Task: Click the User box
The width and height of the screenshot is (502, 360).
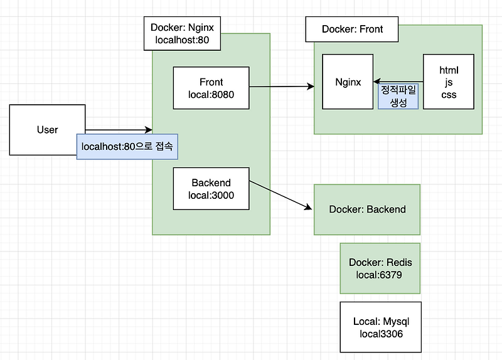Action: pyautogui.click(x=47, y=130)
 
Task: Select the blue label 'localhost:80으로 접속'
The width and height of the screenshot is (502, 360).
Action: pyautogui.click(x=127, y=147)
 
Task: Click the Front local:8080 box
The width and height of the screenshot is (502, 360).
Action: pyautogui.click(x=211, y=88)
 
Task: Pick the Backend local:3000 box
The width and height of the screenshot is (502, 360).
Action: pyautogui.click(x=211, y=189)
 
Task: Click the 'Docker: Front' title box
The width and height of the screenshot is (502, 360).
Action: pyautogui.click(x=352, y=29)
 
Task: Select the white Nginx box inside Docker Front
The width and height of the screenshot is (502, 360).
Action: pyautogui.click(x=348, y=82)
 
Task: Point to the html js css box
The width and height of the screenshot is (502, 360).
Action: pyautogui.click(x=449, y=82)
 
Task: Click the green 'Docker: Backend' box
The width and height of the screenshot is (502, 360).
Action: pyautogui.click(x=367, y=209)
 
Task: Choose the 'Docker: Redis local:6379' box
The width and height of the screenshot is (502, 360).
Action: pyautogui.click(x=380, y=268)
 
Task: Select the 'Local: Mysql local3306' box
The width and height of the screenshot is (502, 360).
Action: pyautogui.click(x=380, y=327)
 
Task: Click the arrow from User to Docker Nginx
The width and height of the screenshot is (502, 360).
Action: pyautogui.click(x=119, y=130)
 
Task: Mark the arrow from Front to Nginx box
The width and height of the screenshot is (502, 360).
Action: pyautogui.click(x=282, y=86)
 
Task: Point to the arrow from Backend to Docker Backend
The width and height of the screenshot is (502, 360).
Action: pyautogui.click(x=279, y=196)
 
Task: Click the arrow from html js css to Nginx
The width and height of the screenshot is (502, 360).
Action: pyautogui.click(x=402, y=82)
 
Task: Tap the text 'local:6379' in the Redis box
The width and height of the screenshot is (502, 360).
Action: pyautogui.click(x=380, y=275)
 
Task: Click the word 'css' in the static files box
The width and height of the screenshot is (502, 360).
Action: pyautogui.click(x=449, y=95)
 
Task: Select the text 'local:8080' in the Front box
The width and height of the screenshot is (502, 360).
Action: pyautogui.click(x=211, y=95)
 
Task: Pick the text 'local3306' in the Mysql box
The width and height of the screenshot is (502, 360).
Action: pyautogui.click(x=381, y=334)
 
